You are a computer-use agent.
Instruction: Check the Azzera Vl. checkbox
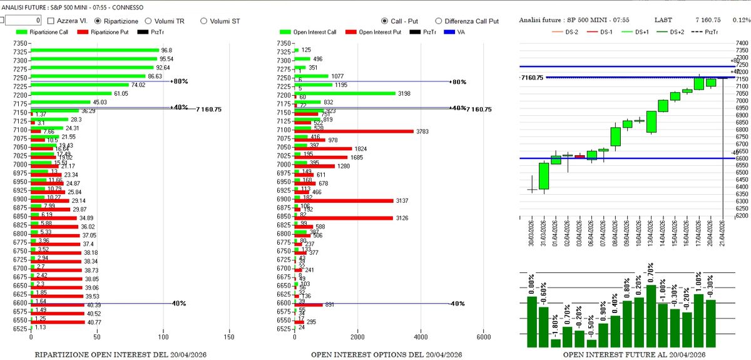pyautogui.click(x=52, y=20)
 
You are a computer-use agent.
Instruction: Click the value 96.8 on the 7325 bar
pyautogui.click(x=166, y=50)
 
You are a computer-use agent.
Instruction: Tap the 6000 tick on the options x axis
pyautogui.click(x=483, y=337)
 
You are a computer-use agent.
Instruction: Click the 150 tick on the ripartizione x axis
pyautogui.click(x=229, y=337)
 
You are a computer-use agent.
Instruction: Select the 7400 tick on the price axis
pyautogui.click(x=742, y=43)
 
